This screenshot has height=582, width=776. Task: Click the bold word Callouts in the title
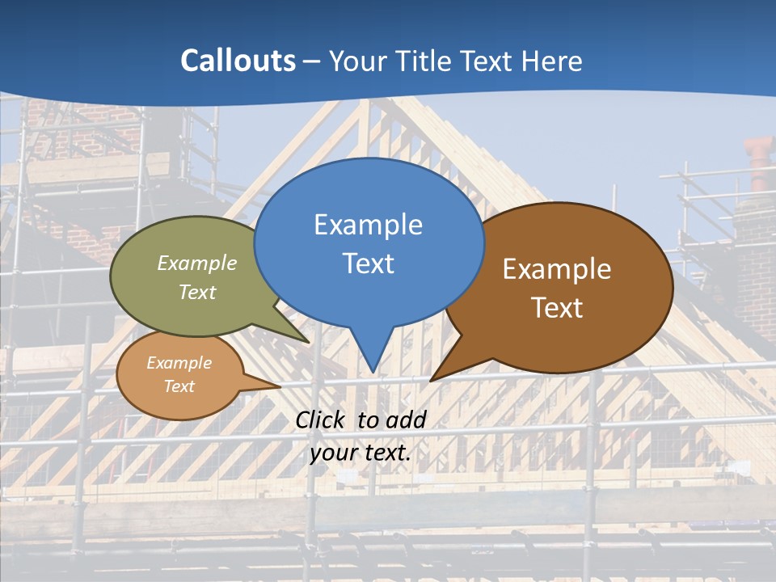[238, 61]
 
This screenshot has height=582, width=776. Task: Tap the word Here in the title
[552, 61]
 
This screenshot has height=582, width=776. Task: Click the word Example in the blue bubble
[368, 224]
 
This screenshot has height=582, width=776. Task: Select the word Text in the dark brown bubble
[557, 307]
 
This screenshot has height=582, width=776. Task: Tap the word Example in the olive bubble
[197, 263]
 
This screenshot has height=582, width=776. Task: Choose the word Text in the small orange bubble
[179, 386]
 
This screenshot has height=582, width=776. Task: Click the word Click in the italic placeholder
[322, 420]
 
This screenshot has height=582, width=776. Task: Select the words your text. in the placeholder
[361, 453]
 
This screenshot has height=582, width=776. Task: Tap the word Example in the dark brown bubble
[557, 268]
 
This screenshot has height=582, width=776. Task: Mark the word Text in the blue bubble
[368, 263]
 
